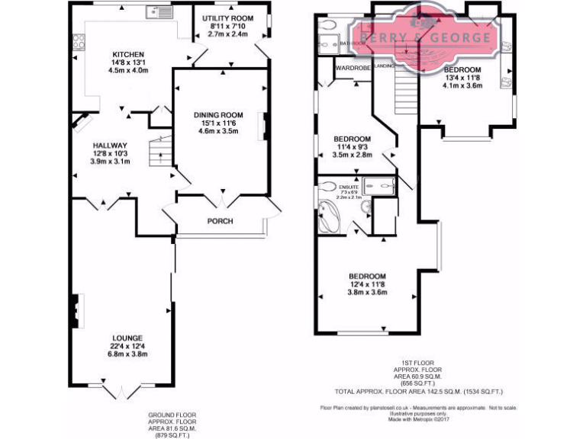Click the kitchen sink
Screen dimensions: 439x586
click(x=162, y=11)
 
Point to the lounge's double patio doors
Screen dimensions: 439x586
click(x=120, y=391)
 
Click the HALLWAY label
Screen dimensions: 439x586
click(x=109, y=146)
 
